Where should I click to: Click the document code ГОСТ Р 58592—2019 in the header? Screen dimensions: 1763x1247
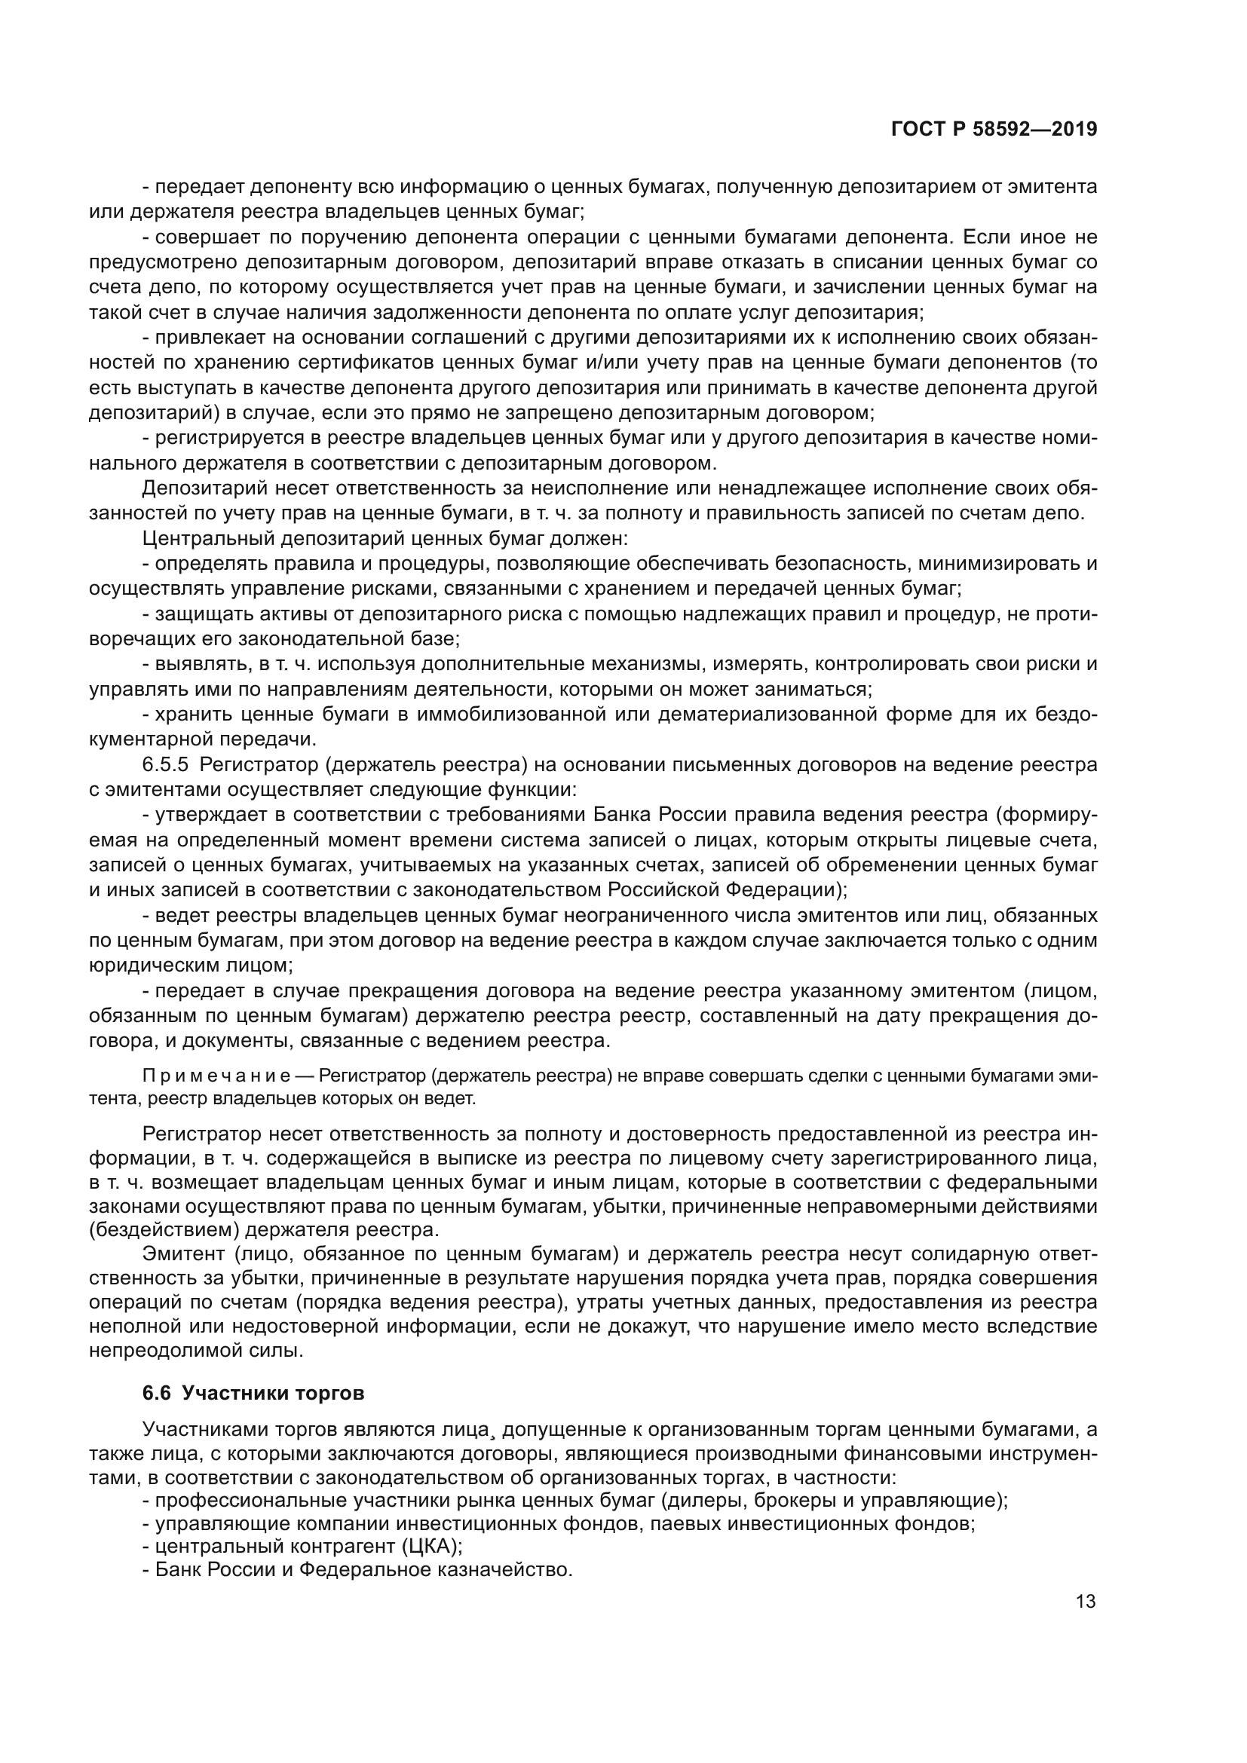click(994, 130)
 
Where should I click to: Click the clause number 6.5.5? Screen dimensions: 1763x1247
click(165, 765)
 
